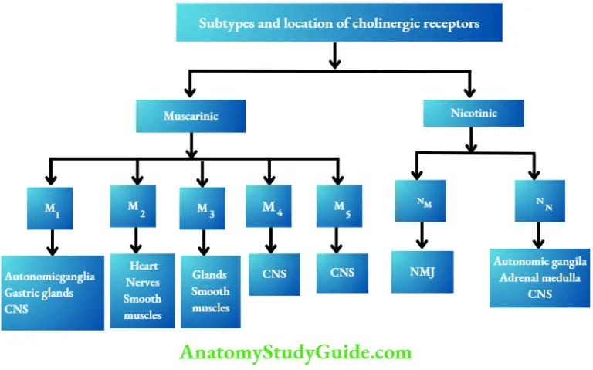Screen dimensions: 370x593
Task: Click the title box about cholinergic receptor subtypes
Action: [x=339, y=23]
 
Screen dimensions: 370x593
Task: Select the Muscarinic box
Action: [x=191, y=117]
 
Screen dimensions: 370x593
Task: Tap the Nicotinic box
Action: [x=473, y=114]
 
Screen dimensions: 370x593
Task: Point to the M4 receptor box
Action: [x=269, y=206]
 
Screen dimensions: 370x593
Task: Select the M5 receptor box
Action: [x=339, y=206]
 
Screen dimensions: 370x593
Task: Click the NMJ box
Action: [x=421, y=271]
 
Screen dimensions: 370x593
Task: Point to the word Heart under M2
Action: [x=144, y=266]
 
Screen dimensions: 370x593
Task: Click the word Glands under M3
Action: [x=209, y=275]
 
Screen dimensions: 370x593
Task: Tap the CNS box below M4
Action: [x=274, y=272]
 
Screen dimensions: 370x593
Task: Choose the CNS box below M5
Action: [x=342, y=272]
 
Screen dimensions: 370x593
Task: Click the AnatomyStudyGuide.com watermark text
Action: [x=296, y=353]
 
